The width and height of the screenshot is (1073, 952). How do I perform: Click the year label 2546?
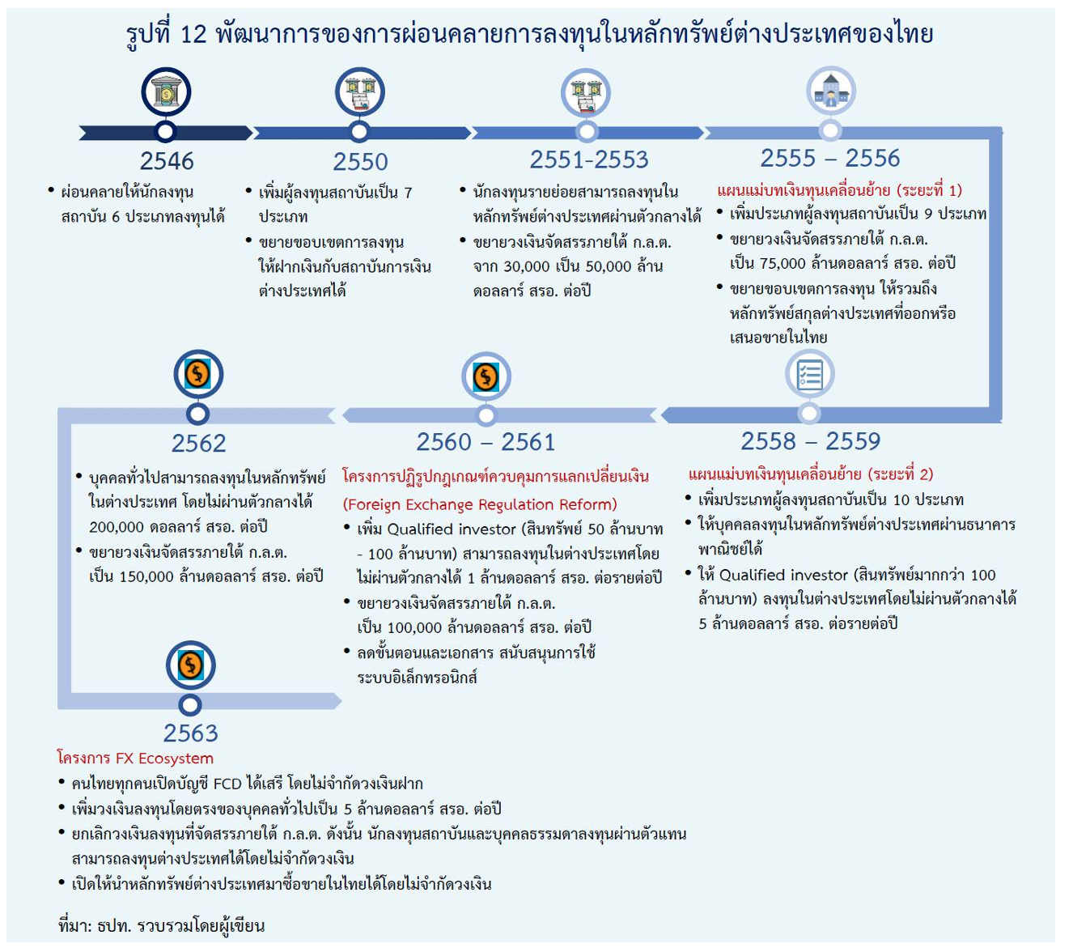(x=167, y=161)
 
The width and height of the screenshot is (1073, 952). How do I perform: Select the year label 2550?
(x=360, y=162)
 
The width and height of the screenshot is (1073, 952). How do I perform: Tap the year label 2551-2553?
(x=589, y=159)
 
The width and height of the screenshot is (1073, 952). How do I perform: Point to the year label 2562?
(x=198, y=444)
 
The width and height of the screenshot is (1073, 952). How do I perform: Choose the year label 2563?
(x=190, y=733)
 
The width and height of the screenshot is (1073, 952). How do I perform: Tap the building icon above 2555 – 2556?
(x=830, y=91)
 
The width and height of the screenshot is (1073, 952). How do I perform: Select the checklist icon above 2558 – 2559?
(x=809, y=375)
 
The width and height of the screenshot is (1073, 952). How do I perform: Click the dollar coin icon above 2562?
(x=198, y=375)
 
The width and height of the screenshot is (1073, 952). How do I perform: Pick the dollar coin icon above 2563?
(x=190, y=665)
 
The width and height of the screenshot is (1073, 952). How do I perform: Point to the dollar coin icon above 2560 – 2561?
(x=486, y=376)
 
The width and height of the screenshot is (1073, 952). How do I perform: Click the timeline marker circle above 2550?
(x=359, y=132)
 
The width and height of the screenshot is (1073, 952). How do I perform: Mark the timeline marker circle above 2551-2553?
(x=587, y=132)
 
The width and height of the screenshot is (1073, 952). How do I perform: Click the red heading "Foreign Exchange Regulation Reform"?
(x=480, y=504)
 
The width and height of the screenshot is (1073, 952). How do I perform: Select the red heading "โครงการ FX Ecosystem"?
(x=135, y=759)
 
